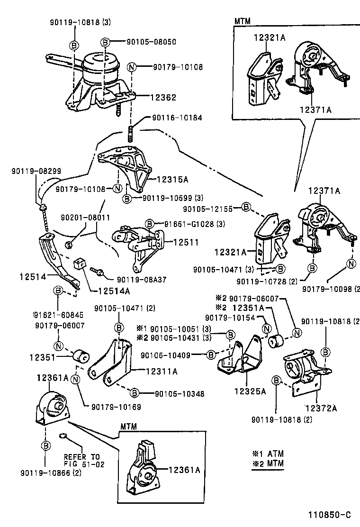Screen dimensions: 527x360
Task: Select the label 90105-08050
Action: point(151,42)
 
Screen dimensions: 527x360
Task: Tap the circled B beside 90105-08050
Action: point(106,42)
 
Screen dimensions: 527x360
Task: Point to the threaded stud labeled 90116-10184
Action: point(130,133)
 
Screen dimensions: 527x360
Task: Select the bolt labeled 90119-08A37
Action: point(99,273)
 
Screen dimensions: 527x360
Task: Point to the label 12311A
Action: point(162,372)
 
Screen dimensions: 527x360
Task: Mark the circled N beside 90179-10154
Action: point(266,328)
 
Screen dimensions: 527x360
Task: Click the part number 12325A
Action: point(250,391)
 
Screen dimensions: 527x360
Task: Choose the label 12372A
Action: point(321,408)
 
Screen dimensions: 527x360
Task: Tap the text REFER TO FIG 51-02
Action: point(84,461)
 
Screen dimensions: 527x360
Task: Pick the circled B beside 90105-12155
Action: point(245,207)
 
